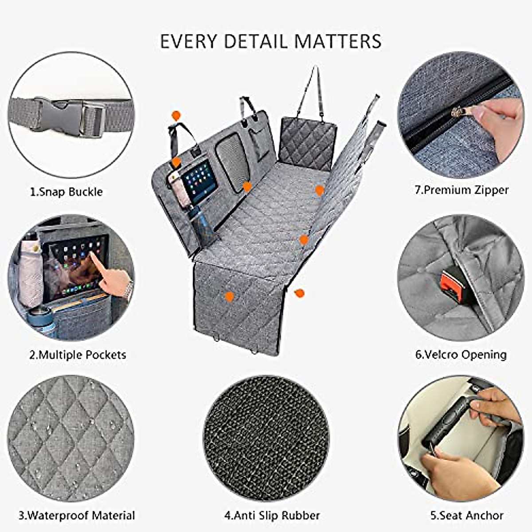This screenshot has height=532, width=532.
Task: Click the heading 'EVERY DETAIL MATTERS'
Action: click(x=270, y=41)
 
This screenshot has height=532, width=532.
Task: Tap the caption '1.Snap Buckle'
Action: click(x=66, y=192)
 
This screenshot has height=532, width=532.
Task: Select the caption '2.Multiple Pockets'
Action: click(x=78, y=355)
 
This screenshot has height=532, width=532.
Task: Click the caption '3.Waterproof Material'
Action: click(x=77, y=516)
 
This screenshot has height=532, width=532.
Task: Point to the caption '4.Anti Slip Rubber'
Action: click(x=272, y=516)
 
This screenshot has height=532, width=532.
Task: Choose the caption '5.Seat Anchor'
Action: click(x=466, y=516)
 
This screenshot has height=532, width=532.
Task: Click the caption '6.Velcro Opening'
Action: click(x=461, y=355)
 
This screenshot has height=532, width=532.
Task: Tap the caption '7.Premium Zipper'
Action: click(x=462, y=190)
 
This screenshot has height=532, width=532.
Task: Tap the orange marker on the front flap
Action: click(x=229, y=297)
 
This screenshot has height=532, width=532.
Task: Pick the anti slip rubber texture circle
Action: click(x=266, y=439)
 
